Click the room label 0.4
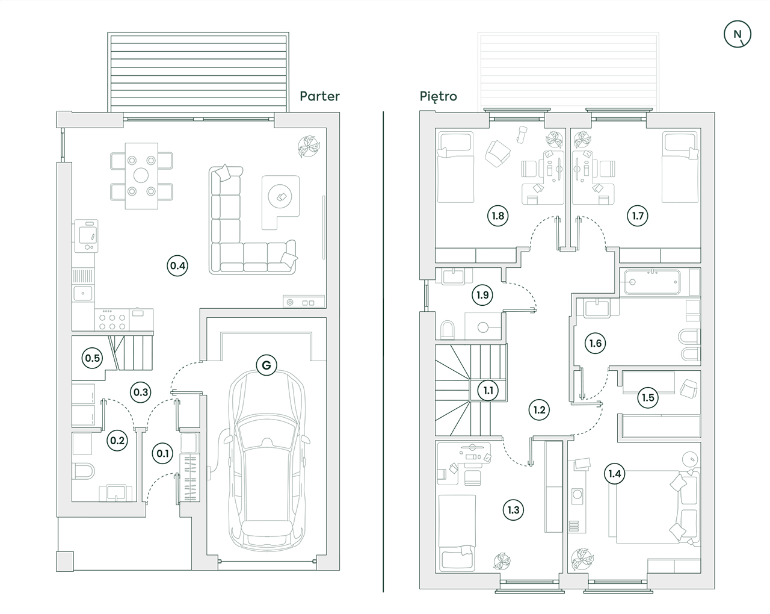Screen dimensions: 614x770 [x=177, y=265]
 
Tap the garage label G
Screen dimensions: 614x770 [x=266, y=365]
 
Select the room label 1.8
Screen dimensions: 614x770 [x=497, y=216]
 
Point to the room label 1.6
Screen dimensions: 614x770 [x=595, y=344]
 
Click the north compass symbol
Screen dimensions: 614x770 [x=737, y=34]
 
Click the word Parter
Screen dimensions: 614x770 [x=319, y=96]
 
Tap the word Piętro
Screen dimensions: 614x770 [x=439, y=96]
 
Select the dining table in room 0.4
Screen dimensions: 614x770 [x=141, y=176]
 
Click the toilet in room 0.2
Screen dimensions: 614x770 [x=82, y=470]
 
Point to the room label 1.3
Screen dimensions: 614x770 [x=513, y=510]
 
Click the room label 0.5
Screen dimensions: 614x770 [x=92, y=358]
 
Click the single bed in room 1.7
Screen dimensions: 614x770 [x=680, y=167]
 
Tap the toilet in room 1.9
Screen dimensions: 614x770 [x=449, y=329]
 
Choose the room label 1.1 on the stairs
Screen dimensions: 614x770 [x=488, y=390]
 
